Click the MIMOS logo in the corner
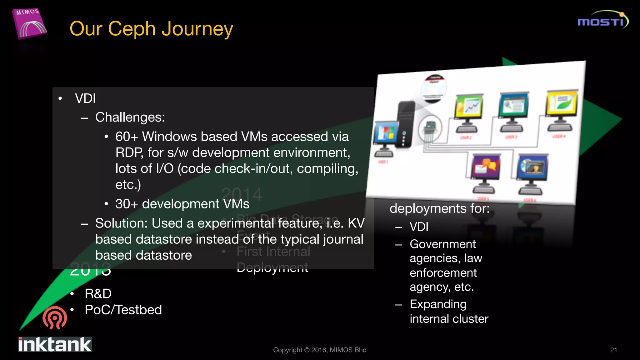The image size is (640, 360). tap(29, 24)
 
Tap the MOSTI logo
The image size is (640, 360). tap(602, 20)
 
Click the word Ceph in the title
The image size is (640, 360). tap(132, 29)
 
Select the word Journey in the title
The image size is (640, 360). tap(197, 29)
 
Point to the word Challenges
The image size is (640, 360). tap(130, 117)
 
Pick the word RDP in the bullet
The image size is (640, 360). tap(129, 153)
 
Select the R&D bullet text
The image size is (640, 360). tap(98, 294)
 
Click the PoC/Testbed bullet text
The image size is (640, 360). tap(123, 310)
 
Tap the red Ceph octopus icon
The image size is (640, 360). tap(55, 317)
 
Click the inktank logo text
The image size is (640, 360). tap(55, 345)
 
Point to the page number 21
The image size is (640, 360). tap(613, 350)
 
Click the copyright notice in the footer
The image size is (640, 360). tap(319, 350)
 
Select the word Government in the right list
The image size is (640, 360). tap(442, 244)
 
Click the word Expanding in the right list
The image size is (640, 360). tap(438, 304)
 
